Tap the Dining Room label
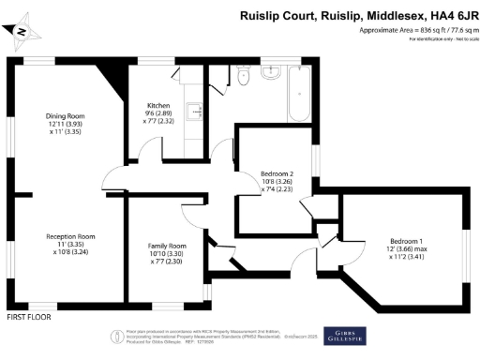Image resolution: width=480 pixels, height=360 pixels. pyautogui.click(x=66, y=115)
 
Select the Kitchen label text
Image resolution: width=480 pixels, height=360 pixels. pyautogui.click(x=157, y=105)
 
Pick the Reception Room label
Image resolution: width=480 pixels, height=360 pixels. pyautogui.click(x=71, y=235)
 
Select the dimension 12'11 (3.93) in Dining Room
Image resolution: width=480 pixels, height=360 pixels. pyautogui.click(x=66, y=124)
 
